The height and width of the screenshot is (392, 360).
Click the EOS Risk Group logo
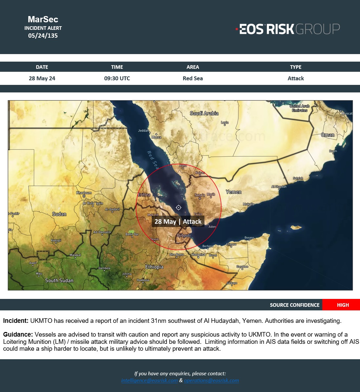pyautogui.click(x=288, y=29)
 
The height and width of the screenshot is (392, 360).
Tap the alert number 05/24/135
pyautogui.click(x=43, y=36)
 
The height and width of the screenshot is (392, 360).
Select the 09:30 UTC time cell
pyautogui.click(x=117, y=78)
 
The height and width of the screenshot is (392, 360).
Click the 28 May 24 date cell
pyautogui.click(x=42, y=78)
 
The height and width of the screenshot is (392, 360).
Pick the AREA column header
pyautogui.click(x=193, y=67)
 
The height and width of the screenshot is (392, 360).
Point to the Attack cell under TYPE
pyautogui.click(x=296, y=78)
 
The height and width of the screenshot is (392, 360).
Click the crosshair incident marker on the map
pyautogui.click(x=179, y=207)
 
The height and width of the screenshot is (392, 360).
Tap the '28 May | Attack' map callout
pyautogui.click(x=178, y=222)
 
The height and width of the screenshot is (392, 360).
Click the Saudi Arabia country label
pyautogui.click(x=204, y=113)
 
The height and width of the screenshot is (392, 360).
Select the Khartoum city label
pyautogui.click(x=84, y=193)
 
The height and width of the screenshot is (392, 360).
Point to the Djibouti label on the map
pyautogui.click(x=184, y=235)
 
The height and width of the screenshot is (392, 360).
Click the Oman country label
pyautogui.click(x=328, y=135)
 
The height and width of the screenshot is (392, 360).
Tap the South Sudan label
pyautogui.click(x=59, y=280)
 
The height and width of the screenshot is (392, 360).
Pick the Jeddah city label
pyautogui.click(x=143, y=130)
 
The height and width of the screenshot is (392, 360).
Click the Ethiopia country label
pyautogui.click(x=154, y=267)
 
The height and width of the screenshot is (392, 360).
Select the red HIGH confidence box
pyautogui.click(x=341, y=305)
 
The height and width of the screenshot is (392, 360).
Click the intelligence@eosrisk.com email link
pyautogui.click(x=150, y=381)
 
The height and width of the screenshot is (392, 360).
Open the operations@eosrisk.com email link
pyautogui.click(x=211, y=381)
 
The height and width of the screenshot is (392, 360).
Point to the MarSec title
pyautogui.click(x=43, y=19)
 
